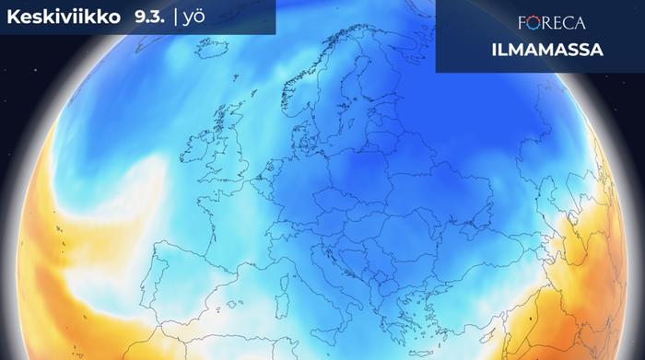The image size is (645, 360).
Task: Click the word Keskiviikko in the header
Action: [x=58, y=17]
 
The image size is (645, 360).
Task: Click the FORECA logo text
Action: [x=559, y=23]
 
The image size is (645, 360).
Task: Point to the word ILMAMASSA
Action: [x=559, y=50]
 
